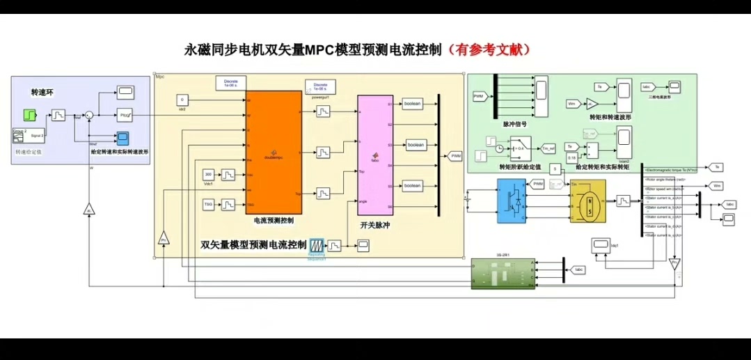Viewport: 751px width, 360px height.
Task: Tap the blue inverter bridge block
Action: tap(512, 201)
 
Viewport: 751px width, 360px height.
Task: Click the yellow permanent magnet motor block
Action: tap(589, 201)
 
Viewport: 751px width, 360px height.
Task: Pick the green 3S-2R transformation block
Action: tap(500, 274)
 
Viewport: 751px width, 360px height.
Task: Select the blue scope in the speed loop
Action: tap(123, 137)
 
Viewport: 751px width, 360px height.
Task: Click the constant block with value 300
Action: tap(207, 173)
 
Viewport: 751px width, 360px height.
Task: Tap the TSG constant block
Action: tap(207, 204)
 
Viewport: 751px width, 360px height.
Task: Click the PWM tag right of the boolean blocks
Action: tap(456, 156)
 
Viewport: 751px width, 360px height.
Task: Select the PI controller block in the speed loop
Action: tap(125, 114)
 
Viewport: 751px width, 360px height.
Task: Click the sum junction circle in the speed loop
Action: tap(88, 114)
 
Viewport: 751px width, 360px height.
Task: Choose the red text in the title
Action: tap(491, 50)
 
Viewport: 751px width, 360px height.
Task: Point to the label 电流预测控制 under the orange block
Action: tap(274, 221)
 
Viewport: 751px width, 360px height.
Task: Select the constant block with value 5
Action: tap(555, 169)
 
